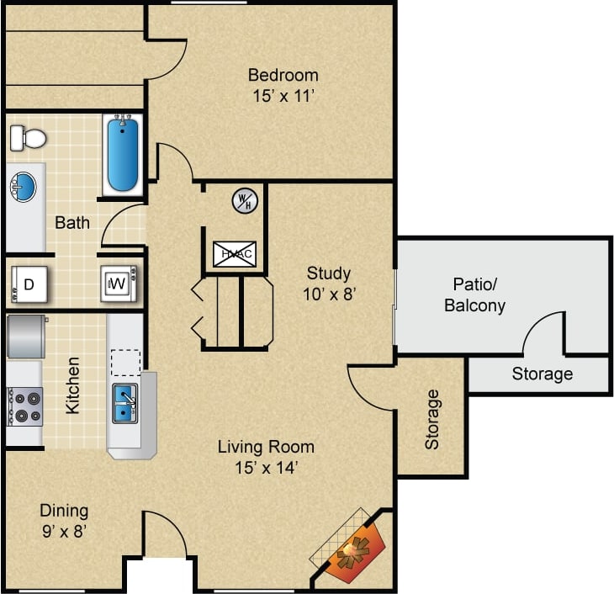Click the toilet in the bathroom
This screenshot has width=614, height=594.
[x=28, y=136]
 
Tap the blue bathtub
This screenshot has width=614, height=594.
[x=123, y=154]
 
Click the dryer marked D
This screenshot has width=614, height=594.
[x=27, y=284]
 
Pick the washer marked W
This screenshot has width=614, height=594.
[x=117, y=284]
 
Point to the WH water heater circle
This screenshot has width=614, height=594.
[x=246, y=200]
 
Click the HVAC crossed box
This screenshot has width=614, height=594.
[x=233, y=252]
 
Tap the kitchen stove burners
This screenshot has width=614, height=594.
[x=23, y=405]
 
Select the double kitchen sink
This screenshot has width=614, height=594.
[x=124, y=401]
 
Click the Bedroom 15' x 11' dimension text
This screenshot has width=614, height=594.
[x=283, y=96]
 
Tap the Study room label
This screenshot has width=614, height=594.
[x=328, y=273]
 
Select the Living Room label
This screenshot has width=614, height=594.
[x=266, y=447]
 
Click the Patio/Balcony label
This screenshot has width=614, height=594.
[x=475, y=294]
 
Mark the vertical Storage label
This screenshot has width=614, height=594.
[x=431, y=418]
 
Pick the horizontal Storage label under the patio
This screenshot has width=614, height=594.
[x=542, y=374]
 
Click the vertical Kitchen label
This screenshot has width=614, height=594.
[x=73, y=385]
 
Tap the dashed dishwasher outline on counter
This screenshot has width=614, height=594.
[x=125, y=362]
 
